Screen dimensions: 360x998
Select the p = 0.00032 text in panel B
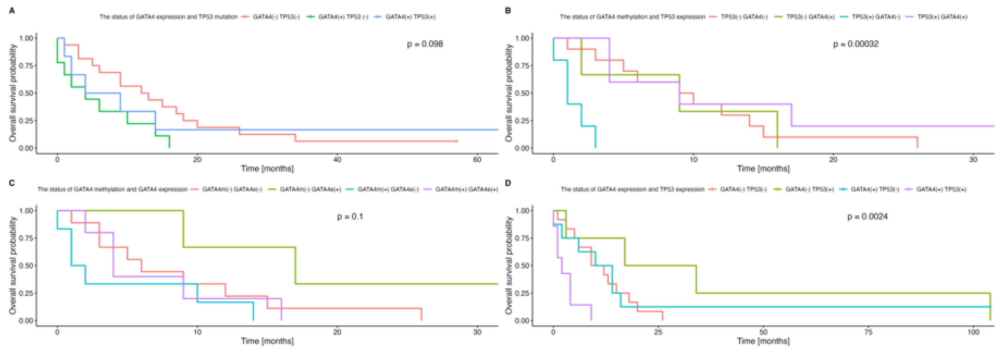[x=856, y=44]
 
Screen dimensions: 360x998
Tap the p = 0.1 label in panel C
[x=350, y=216]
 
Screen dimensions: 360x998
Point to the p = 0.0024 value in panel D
[x=867, y=216]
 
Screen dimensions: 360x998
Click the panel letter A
[x=12, y=11]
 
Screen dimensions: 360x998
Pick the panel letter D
[x=508, y=183]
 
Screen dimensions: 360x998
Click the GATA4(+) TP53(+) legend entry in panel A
[x=410, y=16]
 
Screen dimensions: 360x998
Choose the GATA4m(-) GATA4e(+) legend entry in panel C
[x=310, y=189]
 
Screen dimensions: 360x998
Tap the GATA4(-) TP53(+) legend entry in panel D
[x=809, y=189]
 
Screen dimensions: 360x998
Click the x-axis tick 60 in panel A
[x=477, y=160]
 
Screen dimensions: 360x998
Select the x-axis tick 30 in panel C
[x=477, y=332]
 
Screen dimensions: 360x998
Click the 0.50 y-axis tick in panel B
[x=521, y=93]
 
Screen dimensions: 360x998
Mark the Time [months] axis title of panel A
[x=267, y=169]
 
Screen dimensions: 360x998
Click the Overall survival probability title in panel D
[x=509, y=265]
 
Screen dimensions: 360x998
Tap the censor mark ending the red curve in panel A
[x=456, y=141]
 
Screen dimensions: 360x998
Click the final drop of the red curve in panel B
[x=918, y=142]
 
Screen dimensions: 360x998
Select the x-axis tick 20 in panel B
[x=833, y=160]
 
